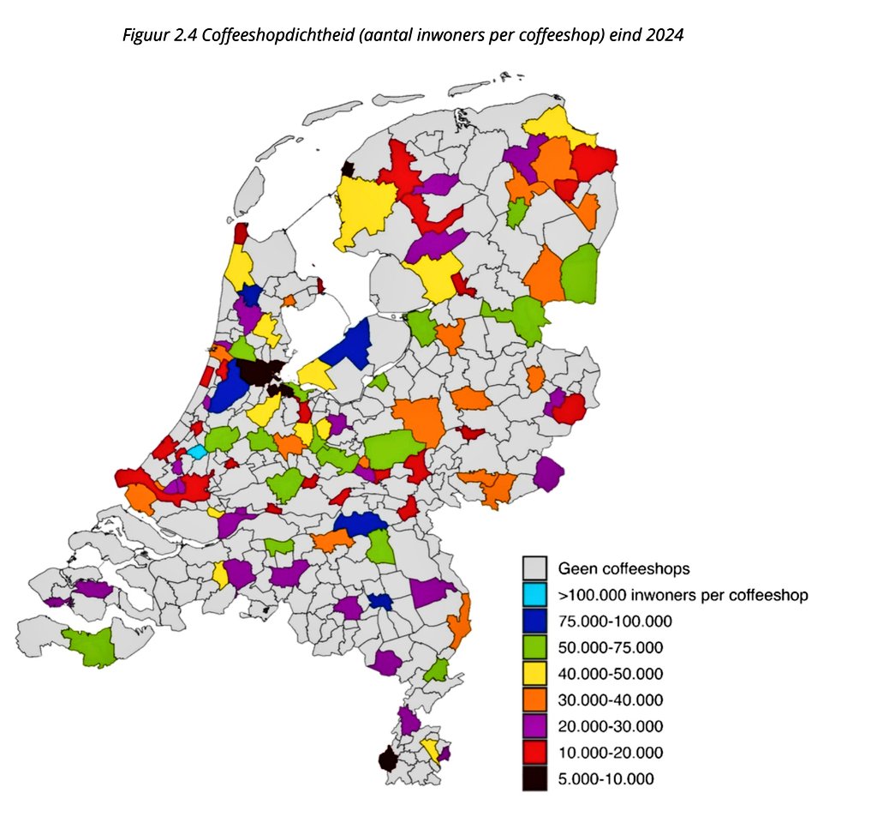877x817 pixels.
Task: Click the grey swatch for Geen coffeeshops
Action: pyautogui.click(x=535, y=568)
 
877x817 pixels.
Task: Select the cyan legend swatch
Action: pyautogui.click(x=535, y=594)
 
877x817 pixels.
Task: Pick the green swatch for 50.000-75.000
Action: pyautogui.click(x=535, y=647)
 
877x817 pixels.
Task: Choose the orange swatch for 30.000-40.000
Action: pyautogui.click(x=535, y=700)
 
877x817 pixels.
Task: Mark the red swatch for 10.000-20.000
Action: pyautogui.click(x=535, y=753)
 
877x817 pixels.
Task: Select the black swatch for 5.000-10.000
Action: pyautogui.click(x=535, y=779)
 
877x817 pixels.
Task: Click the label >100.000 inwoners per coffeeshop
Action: pyautogui.click(x=683, y=594)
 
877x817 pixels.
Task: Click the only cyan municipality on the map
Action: pyautogui.click(x=197, y=451)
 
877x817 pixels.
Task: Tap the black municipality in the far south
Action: pyautogui.click(x=388, y=760)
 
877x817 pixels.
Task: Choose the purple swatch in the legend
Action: pyautogui.click(x=535, y=727)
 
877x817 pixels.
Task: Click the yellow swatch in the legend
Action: pyautogui.click(x=535, y=674)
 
